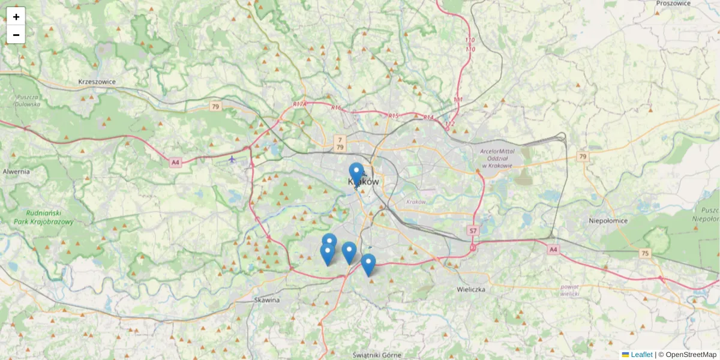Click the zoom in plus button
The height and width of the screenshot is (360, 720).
[16, 17]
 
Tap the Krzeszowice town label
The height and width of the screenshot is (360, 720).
[97, 82]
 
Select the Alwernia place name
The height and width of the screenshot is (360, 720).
[16, 172]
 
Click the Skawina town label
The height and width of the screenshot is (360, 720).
[267, 300]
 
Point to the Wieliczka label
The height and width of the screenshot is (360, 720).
[470, 289]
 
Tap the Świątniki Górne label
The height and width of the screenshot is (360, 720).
[376, 355]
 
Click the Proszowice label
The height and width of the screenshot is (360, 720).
[674, 3]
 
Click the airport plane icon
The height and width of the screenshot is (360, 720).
[232, 159]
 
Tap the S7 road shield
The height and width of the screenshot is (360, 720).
[473, 230]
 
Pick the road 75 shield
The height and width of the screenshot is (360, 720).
[644, 253]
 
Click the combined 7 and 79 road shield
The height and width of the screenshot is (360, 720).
[340, 143]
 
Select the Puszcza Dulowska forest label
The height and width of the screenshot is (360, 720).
[28, 100]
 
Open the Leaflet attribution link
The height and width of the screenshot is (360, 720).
[641, 355]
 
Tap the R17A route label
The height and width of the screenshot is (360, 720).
[300, 104]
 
